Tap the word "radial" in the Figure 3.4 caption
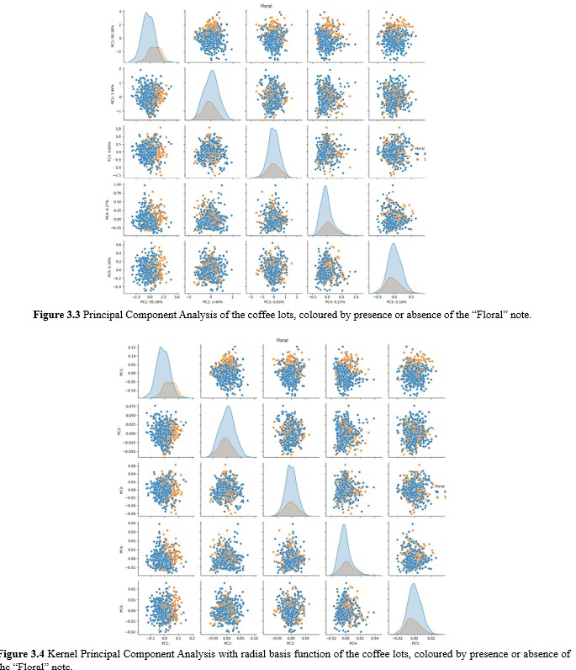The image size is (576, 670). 267,653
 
